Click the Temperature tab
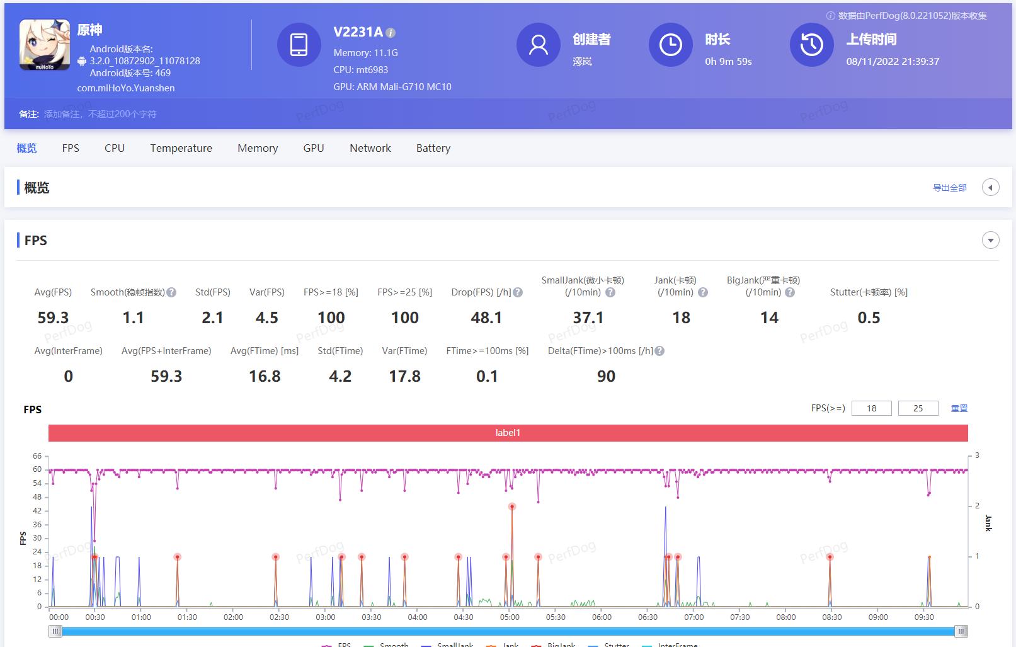coord(181,148)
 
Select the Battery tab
coord(433,148)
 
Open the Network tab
coord(370,148)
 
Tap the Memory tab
coord(258,148)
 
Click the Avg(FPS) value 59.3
coord(53,318)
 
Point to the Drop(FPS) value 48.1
coord(486,318)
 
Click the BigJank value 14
coord(769,318)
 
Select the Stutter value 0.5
coord(869,318)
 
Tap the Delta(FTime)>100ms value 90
coord(606,376)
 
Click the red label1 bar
coord(508,433)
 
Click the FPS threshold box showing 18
coord(871,408)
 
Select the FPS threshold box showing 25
coord(918,408)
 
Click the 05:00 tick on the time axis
coord(510,617)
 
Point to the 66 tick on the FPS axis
coord(37,456)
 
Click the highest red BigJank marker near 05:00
coord(512,507)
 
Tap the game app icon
coord(45,45)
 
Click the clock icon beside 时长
coord(670,45)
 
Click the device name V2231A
coord(358,32)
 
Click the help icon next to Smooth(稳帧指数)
coord(171,292)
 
